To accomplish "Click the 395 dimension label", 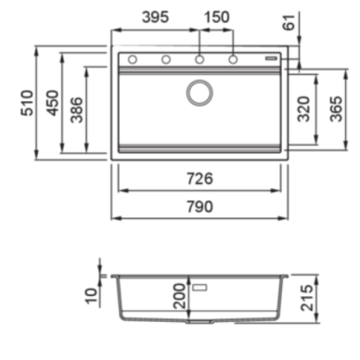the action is tap(155, 17).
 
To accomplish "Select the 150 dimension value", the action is tap(216, 17).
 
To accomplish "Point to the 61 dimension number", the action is tap(289, 22).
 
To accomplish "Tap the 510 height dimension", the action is tap(27, 103).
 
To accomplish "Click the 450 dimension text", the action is tap(52, 103).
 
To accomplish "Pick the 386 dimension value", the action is tap(77, 109).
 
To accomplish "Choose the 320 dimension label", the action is tap(303, 109).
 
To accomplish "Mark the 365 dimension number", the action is tap(336, 109).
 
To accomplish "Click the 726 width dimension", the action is tap(199, 178).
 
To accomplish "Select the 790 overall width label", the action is tap(199, 207).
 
